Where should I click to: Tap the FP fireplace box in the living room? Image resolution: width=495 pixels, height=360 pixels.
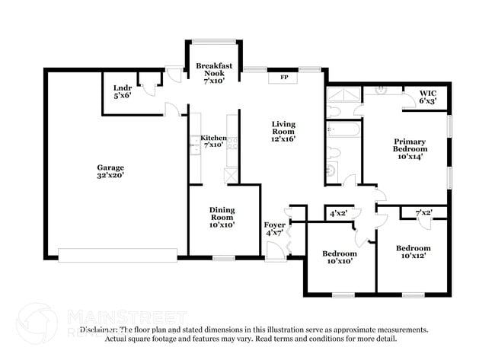coord(283,77)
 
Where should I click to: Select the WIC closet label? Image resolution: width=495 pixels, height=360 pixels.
coord(428,97)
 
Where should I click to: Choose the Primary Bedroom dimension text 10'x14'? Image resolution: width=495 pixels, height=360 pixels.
coord(410,157)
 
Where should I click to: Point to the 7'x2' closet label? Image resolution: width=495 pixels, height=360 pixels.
coord(423,212)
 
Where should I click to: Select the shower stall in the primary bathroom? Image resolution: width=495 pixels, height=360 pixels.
coord(342,97)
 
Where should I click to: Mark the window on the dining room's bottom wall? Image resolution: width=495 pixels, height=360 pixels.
coord(222,258)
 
